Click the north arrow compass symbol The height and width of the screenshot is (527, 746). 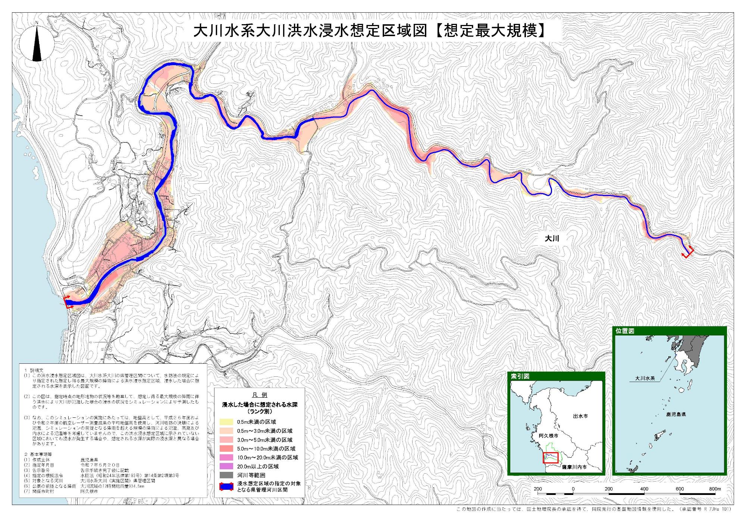[x=37, y=42]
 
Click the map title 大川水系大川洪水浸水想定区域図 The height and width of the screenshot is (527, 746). [x=310, y=31]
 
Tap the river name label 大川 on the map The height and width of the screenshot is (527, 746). [x=552, y=239]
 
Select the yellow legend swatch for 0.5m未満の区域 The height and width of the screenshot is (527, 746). [x=226, y=422]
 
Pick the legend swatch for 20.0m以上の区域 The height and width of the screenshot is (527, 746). [x=226, y=466]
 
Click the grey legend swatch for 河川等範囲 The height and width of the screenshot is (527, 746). [x=226, y=475]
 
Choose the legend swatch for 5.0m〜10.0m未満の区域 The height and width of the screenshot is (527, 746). [x=226, y=449]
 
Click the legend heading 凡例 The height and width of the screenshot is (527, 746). [x=260, y=395]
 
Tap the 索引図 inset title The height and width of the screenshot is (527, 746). [x=520, y=376]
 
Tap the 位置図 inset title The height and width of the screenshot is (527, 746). [x=625, y=331]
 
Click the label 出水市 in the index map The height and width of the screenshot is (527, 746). [x=580, y=416]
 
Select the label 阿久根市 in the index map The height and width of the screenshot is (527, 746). [x=548, y=436]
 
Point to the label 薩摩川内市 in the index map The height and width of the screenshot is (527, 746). [x=574, y=467]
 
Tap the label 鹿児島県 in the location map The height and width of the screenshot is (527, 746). [x=676, y=414]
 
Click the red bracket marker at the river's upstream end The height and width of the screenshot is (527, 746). [x=688, y=253]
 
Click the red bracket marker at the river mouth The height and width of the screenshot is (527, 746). [x=68, y=302]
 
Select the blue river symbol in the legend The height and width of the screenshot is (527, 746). [x=226, y=487]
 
